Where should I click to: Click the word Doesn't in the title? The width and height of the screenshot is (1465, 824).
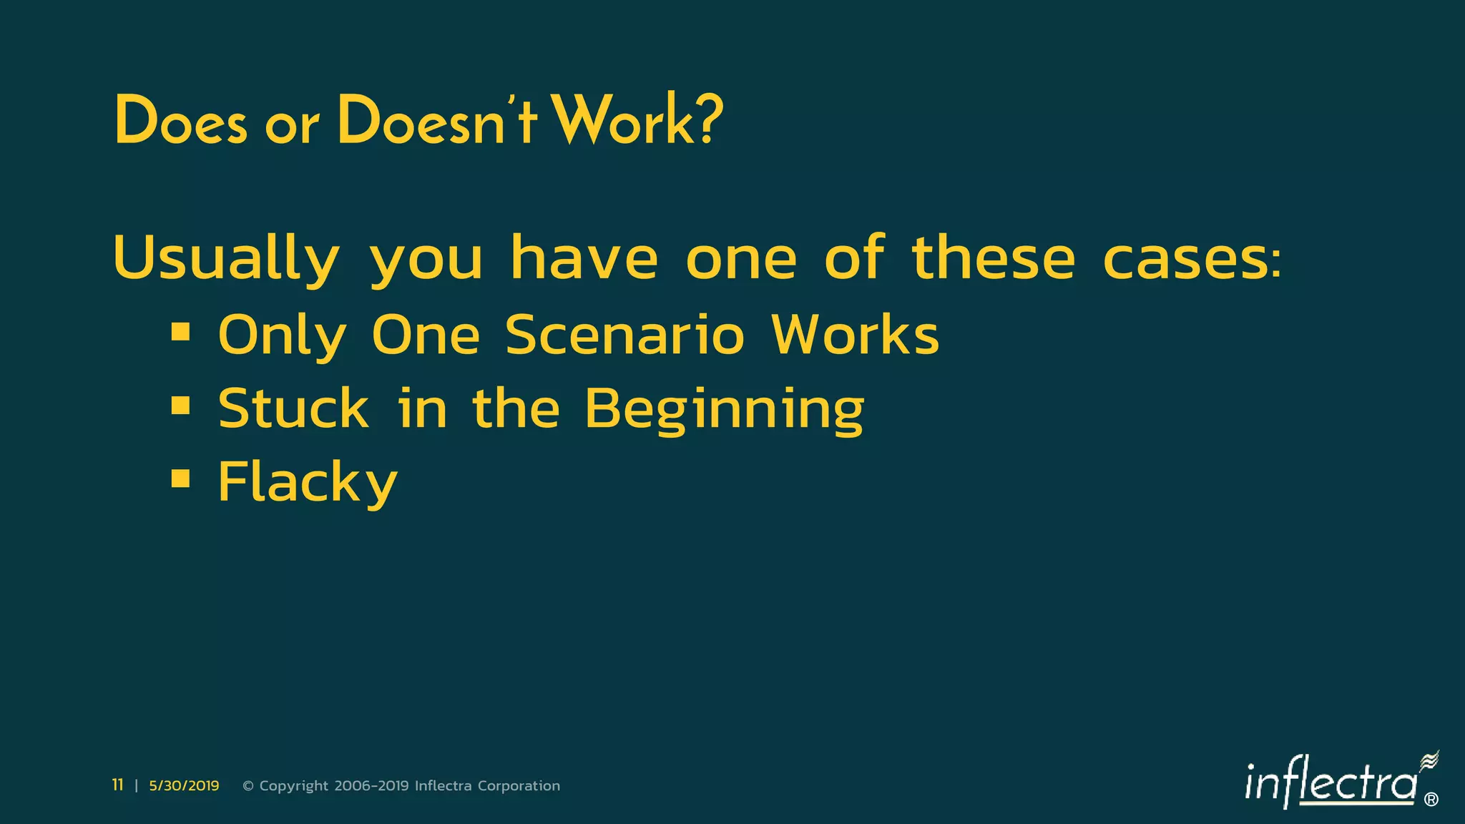pyautogui.click(x=436, y=120)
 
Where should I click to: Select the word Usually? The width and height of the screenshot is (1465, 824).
pyautogui.click(x=226, y=259)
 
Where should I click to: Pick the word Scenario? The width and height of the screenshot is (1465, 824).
pyautogui.click(x=624, y=335)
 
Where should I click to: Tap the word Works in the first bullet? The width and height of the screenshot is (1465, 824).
pyautogui.click(x=855, y=335)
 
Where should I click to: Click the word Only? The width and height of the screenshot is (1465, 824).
pyautogui.click(x=282, y=336)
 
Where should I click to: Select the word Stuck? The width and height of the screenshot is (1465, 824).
pyautogui.click(x=293, y=408)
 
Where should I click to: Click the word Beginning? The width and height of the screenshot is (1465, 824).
pyautogui.click(x=724, y=410)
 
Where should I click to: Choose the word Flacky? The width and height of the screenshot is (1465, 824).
pyautogui.click(x=308, y=483)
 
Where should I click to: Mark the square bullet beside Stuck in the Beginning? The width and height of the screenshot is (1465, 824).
pyautogui.click(x=181, y=406)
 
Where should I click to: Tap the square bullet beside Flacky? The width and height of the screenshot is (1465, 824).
pyautogui.click(x=181, y=479)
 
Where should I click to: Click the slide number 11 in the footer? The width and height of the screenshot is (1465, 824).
pyautogui.click(x=118, y=785)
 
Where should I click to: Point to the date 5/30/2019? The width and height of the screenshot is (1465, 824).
pyautogui.click(x=184, y=786)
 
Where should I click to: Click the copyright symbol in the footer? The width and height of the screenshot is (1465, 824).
pyautogui.click(x=248, y=786)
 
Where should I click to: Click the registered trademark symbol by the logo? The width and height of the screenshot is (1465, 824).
pyautogui.click(x=1431, y=800)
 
